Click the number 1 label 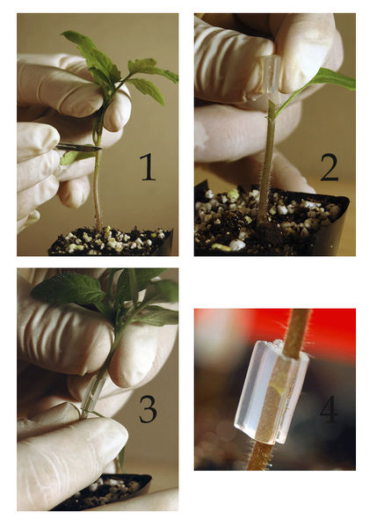point(148,167)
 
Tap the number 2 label point(330,167)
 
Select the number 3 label point(148,409)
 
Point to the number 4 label point(329,408)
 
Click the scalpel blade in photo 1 point(79,147)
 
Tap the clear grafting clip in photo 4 point(272,392)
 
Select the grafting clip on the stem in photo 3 point(92,395)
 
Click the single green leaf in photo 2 point(332,78)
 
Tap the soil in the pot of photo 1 point(111,240)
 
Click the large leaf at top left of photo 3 point(69,288)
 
